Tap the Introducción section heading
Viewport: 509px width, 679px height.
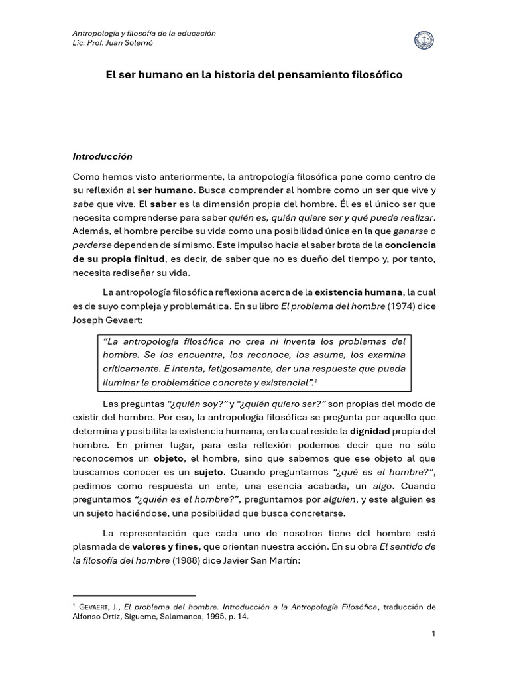tap(102, 156)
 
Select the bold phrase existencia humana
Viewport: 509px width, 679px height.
tap(358, 292)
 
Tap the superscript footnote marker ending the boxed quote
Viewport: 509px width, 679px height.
tap(315, 381)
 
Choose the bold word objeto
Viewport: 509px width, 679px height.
tap(168, 458)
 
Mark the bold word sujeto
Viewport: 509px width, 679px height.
tap(208, 472)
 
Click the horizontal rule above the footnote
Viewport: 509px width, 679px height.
tap(134, 595)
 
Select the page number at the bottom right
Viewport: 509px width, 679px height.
tap(433, 634)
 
